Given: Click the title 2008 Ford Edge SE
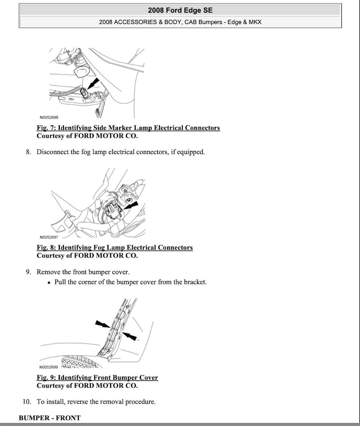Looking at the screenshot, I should click(x=180, y=10).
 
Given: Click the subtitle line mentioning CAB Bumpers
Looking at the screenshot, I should click(x=180, y=22).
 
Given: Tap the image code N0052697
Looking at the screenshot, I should click(x=49, y=237).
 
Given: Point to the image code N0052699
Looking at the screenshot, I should click(x=49, y=367).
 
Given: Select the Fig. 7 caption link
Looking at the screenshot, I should click(x=128, y=128).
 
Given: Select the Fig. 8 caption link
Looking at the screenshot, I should click(x=114, y=247).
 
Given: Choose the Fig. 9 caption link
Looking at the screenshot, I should click(x=97, y=378).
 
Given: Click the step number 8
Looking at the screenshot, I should click(x=28, y=152).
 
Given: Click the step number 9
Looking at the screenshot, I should click(x=28, y=272).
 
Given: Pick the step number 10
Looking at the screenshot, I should click(x=26, y=402).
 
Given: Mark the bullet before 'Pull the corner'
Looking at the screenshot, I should click(x=49, y=282).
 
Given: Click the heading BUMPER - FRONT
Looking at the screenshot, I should click(x=49, y=418).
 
